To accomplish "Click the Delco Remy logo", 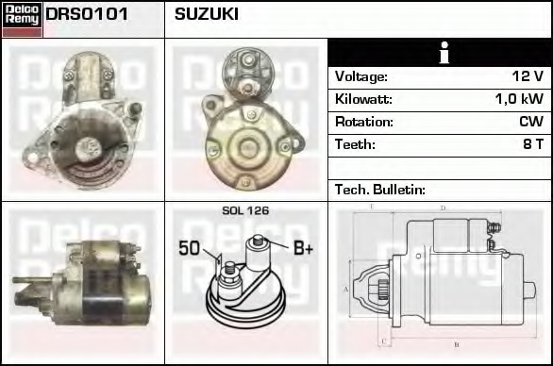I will [x=22, y=19].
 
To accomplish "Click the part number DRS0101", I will [x=87, y=15].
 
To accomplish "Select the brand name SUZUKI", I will [x=207, y=15].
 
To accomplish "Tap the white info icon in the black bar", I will [x=440, y=53].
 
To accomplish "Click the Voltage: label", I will [x=361, y=76].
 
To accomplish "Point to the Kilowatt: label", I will [x=363, y=99].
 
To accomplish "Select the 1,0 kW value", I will [x=519, y=99].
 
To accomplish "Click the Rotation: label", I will [x=363, y=122].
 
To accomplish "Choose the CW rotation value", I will [x=530, y=122].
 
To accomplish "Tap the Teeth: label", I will [x=355, y=144].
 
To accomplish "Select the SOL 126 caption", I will [x=245, y=210].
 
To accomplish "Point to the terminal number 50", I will [x=190, y=249].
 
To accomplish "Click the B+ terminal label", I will [x=303, y=249].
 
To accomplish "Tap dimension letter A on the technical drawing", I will [x=346, y=289].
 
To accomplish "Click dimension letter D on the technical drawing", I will [x=443, y=208].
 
